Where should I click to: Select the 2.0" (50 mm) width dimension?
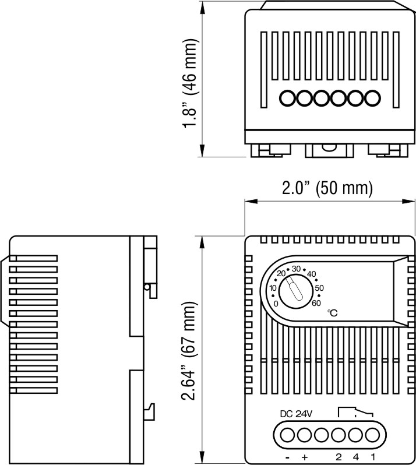(x=327, y=188)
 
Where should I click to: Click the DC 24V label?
(x=296, y=414)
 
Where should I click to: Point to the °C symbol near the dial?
(x=333, y=313)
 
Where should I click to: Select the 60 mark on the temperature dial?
(x=316, y=302)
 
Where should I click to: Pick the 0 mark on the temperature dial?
(x=276, y=303)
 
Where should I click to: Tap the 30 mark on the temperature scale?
(x=297, y=269)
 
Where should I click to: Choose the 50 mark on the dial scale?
(x=319, y=288)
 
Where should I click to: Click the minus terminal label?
(x=288, y=457)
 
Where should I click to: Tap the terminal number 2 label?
(x=339, y=457)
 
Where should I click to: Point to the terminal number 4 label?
(x=355, y=457)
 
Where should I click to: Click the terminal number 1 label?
(x=373, y=457)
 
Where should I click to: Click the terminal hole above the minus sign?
(x=287, y=435)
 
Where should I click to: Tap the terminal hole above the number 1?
(x=372, y=435)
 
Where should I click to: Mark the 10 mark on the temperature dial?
(x=273, y=288)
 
